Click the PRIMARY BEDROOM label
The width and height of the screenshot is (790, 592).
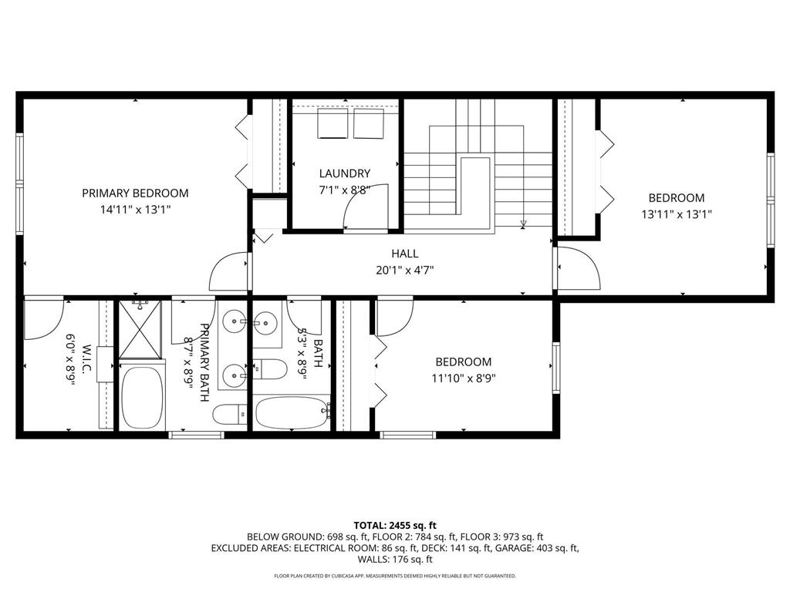pyautogui.click(x=135, y=193)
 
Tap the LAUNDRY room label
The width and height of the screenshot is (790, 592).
pyautogui.click(x=345, y=173)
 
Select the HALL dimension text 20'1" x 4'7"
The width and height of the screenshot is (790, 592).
pyautogui.click(x=404, y=271)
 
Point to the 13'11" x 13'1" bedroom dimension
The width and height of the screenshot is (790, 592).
pyautogui.click(x=676, y=214)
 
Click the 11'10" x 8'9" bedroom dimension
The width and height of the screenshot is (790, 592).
pyautogui.click(x=464, y=378)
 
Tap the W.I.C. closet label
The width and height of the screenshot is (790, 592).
pyautogui.click(x=86, y=359)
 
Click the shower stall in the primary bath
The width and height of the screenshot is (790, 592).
pyautogui.click(x=140, y=329)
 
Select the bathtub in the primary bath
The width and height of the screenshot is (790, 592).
pyautogui.click(x=143, y=395)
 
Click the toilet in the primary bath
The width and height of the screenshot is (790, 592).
pyautogui.click(x=230, y=415)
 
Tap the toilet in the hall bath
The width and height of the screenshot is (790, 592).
pyautogui.click(x=269, y=369)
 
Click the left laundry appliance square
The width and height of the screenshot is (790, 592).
pyautogui.click(x=333, y=123)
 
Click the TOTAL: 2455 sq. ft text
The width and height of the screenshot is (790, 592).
pyautogui.click(x=395, y=526)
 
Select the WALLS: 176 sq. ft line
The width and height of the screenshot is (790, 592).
pyautogui.click(x=395, y=560)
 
